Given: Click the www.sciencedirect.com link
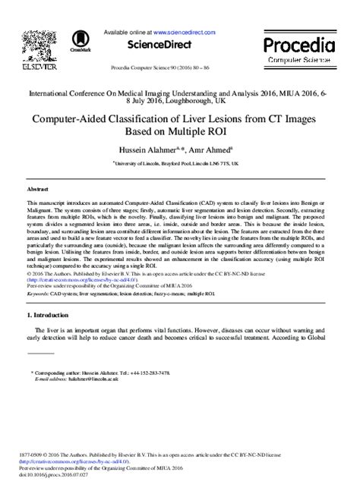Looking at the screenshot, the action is click(x=188, y=33).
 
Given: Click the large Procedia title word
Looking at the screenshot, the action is click(x=307, y=43).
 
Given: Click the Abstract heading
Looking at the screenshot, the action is click(x=38, y=187).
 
